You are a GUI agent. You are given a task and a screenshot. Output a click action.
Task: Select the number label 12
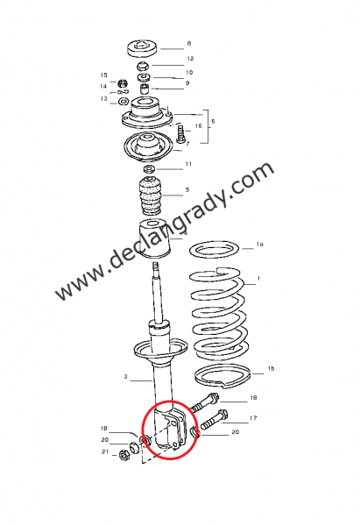[189, 59]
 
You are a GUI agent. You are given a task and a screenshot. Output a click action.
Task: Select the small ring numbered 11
[150, 167]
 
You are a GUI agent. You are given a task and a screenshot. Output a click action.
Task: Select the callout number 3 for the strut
[125, 378]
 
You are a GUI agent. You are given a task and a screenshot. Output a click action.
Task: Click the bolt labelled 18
[206, 405]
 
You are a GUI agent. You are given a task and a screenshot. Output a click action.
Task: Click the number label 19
[103, 429]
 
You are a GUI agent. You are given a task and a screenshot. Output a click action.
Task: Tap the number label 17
[253, 418]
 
